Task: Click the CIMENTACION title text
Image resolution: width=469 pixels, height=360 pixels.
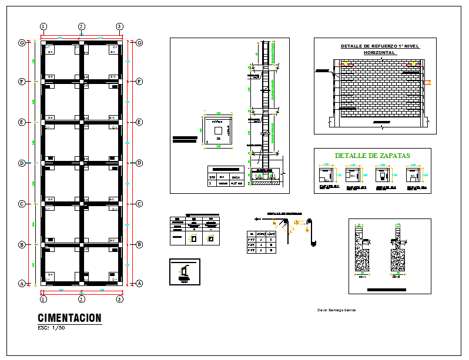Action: click(69, 318)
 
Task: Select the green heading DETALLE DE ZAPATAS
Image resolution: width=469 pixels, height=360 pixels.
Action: click(372, 156)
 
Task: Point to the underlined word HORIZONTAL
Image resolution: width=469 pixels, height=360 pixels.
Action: click(380, 52)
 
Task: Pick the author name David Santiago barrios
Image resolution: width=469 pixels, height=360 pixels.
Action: click(336, 309)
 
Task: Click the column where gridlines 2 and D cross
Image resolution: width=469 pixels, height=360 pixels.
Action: click(82, 163)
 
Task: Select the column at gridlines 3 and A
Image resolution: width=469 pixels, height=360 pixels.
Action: click(120, 283)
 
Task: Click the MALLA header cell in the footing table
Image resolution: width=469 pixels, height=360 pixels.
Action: click(236, 176)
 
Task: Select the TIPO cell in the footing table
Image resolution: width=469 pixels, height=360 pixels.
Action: click(212, 176)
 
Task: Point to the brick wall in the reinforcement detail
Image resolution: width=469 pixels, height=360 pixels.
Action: click(379, 88)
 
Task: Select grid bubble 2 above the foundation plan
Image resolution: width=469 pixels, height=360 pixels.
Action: click(82, 26)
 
